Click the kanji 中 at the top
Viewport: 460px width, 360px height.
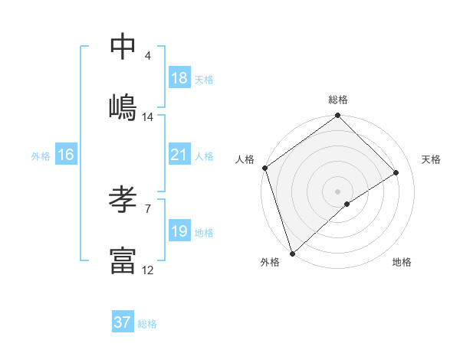pyautogui.click(x=123, y=47)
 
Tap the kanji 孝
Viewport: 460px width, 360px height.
pyautogui.click(x=123, y=200)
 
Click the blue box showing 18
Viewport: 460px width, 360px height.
pyautogui.click(x=179, y=78)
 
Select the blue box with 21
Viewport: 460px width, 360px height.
pyautogui.click(x=179, y=155)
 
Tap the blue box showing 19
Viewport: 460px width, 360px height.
pyautogui.click(x=179, y=231)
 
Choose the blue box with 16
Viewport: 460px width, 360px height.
pyautogui.click(x=66, y=155)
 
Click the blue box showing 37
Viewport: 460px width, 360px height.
pyautogui.click(x=123, y=322)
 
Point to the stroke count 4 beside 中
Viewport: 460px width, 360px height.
pyautogui.click(x=147, y=56)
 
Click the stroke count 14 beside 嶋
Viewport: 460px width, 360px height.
pyautogui.click(x=148, y=117)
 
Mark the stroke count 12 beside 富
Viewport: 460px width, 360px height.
pyautogui.click(x=148, y=270)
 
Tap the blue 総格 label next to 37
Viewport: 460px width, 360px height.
pyautogui.click(x=147, y=324)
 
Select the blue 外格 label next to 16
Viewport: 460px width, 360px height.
pyautogui.click(x=41, y=156)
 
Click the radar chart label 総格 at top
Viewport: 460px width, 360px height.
pyautogui.click(x=338, y=100)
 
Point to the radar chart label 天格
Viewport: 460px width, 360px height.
pyautogui.click(x=431, y=159)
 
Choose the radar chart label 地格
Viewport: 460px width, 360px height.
pyautogui.click(x=402, y=262)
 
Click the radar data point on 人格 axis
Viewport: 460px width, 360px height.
pyautogui.click(x=264, y=168)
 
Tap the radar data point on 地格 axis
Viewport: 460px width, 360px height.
pyautogui.click(x=347, y=204)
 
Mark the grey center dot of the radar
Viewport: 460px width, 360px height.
pyautogui.click(x=338, y=191)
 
